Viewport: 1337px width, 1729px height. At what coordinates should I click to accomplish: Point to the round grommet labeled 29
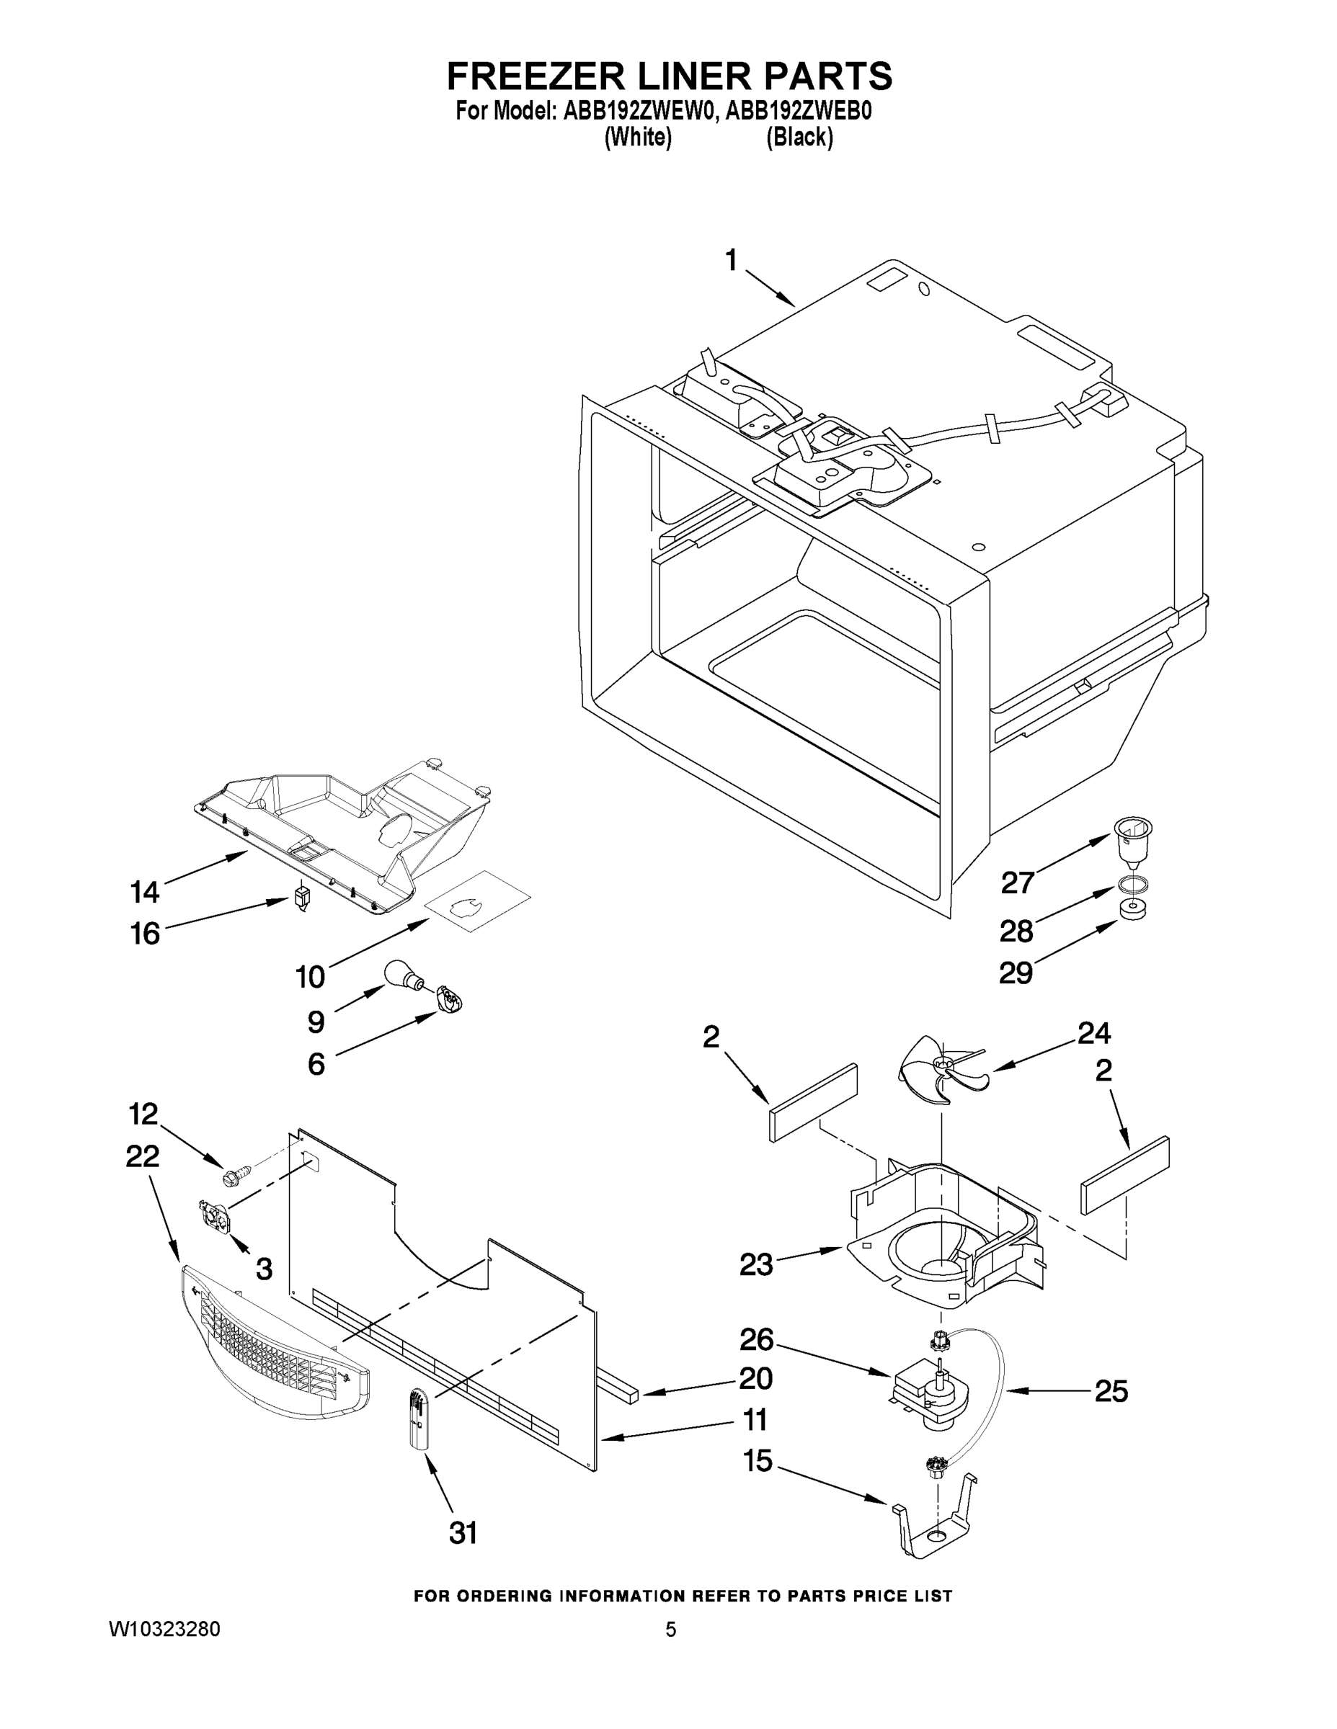tap(1134, 910)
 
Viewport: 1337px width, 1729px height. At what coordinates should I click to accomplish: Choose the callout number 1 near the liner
tap(731, 261)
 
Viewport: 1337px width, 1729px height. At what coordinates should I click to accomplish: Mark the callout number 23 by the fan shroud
tap(755, 1264)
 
